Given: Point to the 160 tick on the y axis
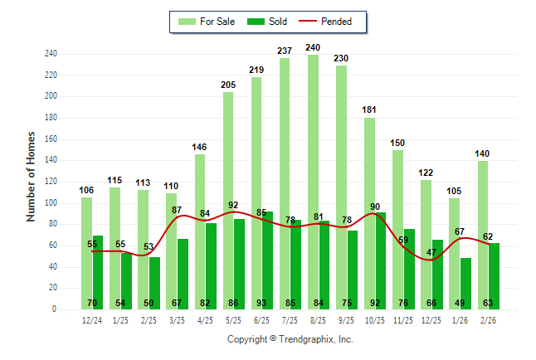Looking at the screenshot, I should click(x=51, y=139).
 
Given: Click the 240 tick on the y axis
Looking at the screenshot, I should click(x=51, y=54).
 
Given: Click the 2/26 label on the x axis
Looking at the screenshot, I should click(x=489, y=321).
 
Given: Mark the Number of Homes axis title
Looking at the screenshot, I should click(x=32, y=176).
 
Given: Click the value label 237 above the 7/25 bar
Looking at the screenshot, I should click(x=285, y=51).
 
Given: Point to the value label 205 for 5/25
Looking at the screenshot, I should click(x=228, y=85).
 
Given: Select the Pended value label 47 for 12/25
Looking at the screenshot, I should click(x=431, y=251).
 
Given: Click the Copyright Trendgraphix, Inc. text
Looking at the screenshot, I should click(x=290, y=339).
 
